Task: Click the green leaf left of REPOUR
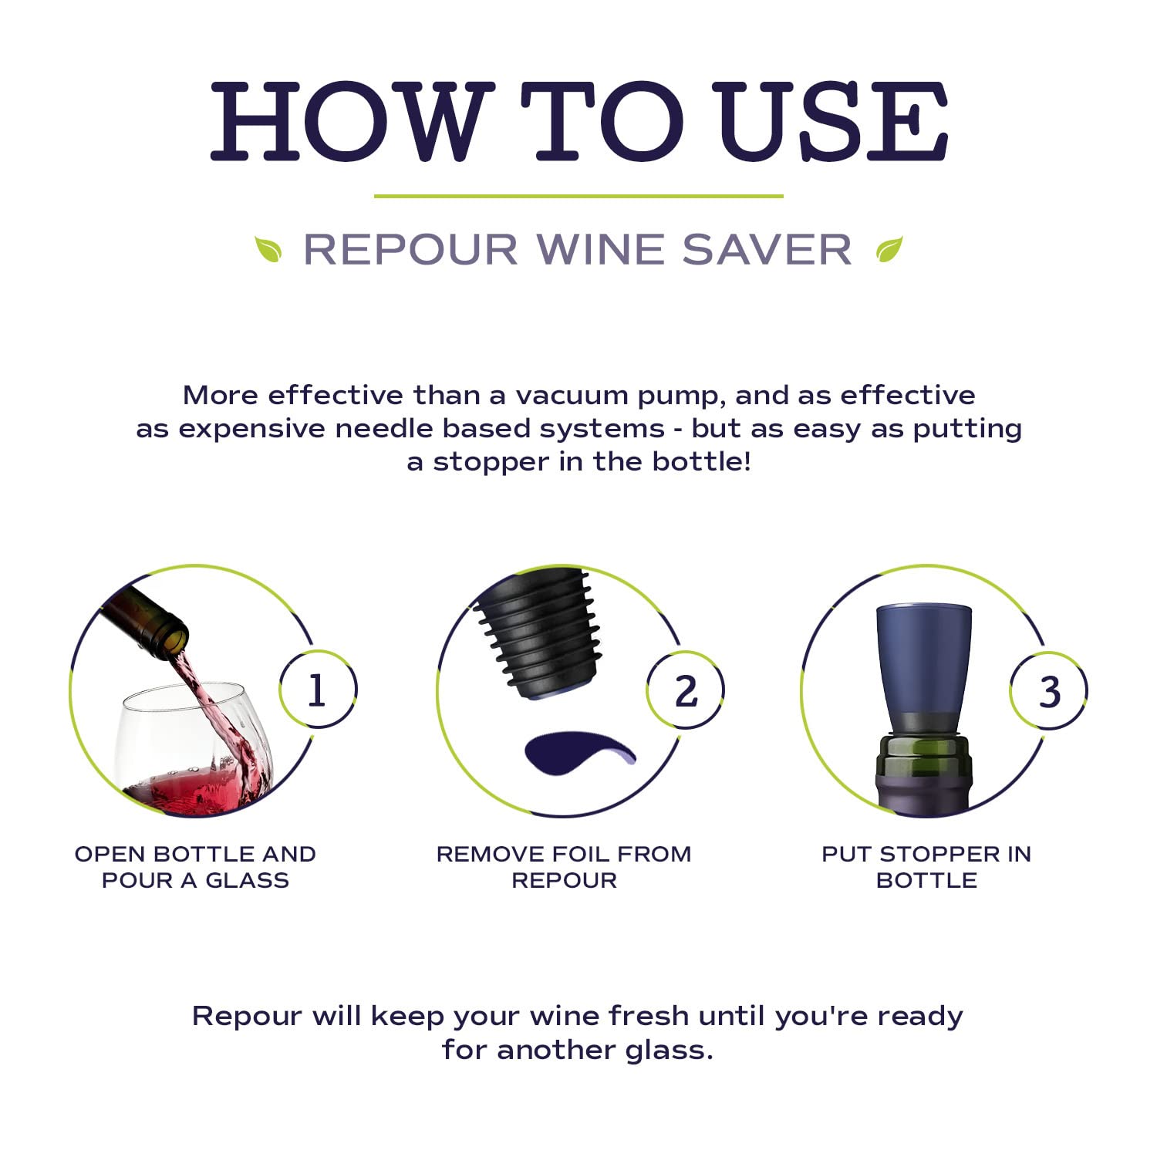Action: coord(268,249)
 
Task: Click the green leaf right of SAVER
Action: coord(889,249)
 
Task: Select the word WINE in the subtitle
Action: coord(599,250)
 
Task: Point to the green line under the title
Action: coord(578,197)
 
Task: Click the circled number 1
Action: coord(317,690)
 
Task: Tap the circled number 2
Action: coord(685,690)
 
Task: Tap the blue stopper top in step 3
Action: coord(924,663)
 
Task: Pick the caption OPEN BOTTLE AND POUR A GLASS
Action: coord(195,867)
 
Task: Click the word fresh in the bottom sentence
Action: coord(650,1016)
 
